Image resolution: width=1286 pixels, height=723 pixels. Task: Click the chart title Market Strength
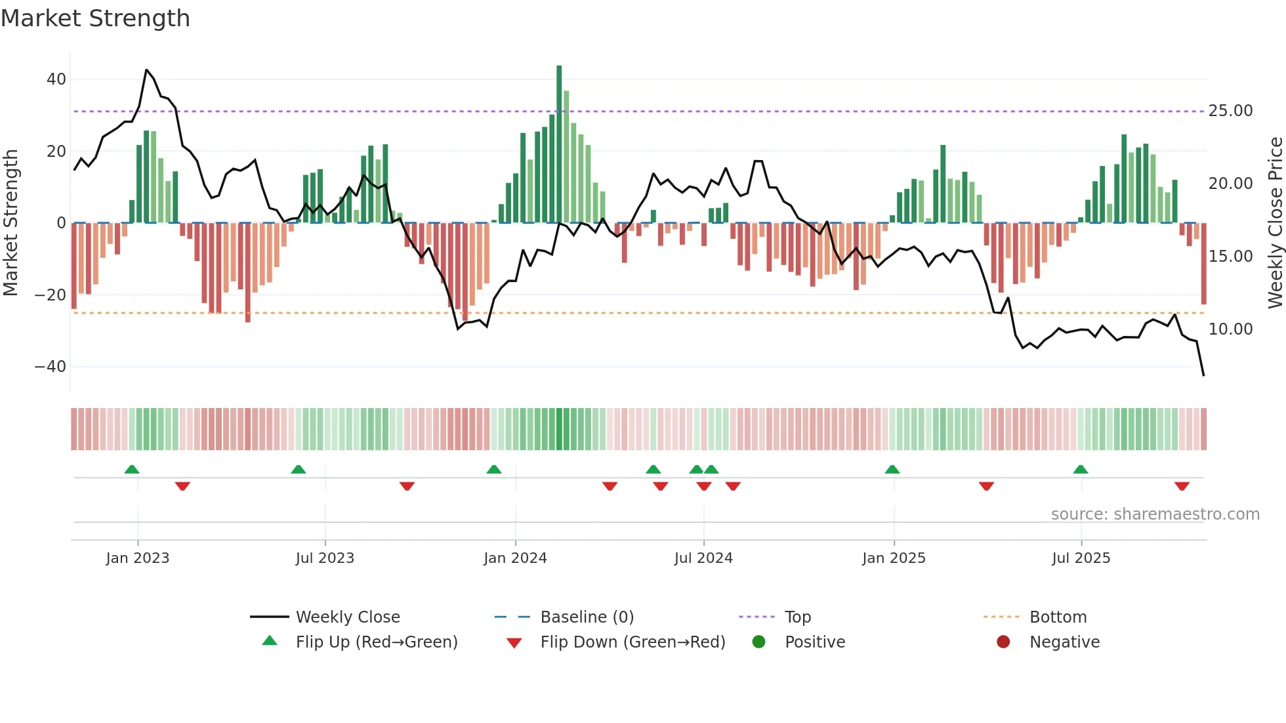point(95,18)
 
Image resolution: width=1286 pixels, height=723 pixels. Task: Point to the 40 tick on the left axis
point(56,79)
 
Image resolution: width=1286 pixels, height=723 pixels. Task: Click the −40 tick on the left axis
point(51,367)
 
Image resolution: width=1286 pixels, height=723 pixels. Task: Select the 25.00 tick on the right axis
point(1230,111)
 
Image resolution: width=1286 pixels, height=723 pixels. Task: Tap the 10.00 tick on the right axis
point(1230,329)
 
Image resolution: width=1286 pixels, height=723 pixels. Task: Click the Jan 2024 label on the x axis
point(515,558)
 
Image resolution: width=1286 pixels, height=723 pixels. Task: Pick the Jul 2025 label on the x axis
point(1081,558)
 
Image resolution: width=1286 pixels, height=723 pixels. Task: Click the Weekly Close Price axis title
point(1275,223)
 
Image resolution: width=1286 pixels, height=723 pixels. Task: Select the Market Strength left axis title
point(11,223)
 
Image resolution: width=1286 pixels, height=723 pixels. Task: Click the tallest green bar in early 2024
point(559,144)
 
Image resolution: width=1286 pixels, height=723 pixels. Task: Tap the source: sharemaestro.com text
point(1155,514)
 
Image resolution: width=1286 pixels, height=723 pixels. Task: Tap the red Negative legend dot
point(1003,642)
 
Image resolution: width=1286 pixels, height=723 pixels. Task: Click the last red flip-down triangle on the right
point(1182,486)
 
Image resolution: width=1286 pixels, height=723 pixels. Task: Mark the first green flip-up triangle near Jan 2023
point(132,469)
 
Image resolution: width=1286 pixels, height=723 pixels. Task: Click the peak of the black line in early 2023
point(146,70)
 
